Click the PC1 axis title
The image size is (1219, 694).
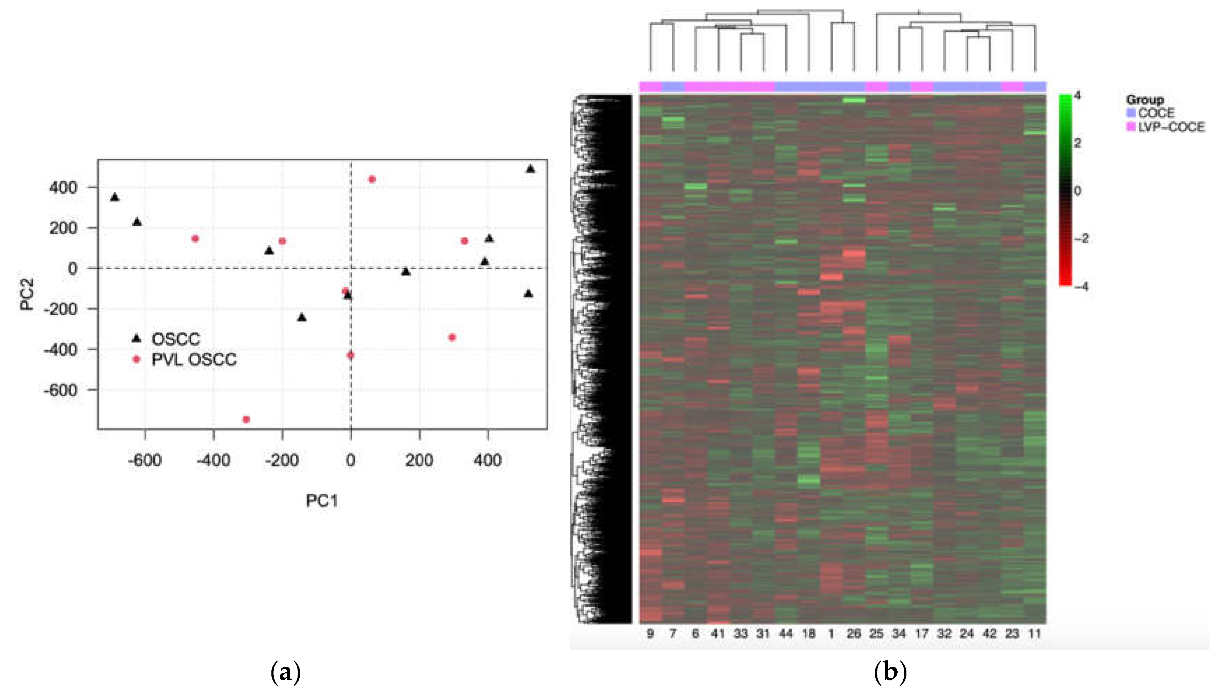coord(322,501)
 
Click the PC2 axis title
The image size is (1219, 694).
coord(27,294)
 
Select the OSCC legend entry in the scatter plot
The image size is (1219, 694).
coord(175,339)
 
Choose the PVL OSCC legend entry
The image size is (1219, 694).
coord(194,359)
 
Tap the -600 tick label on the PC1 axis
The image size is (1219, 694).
coord(144,461)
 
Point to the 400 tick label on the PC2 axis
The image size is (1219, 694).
coord(63,187)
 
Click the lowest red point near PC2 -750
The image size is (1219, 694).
coord(246,419)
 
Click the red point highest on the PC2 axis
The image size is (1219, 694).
coord(372,179)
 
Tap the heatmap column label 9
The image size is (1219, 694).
coord(650,634)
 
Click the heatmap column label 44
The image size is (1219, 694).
coord(786,634)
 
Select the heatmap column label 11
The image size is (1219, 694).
coord(1034,634)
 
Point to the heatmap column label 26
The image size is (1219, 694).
coord(853,634)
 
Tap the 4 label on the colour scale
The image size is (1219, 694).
coord(1078,96)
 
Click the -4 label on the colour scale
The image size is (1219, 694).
coord(1081,287)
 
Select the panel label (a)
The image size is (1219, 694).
coord(285,673)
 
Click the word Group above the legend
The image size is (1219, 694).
coord(1144,100)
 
